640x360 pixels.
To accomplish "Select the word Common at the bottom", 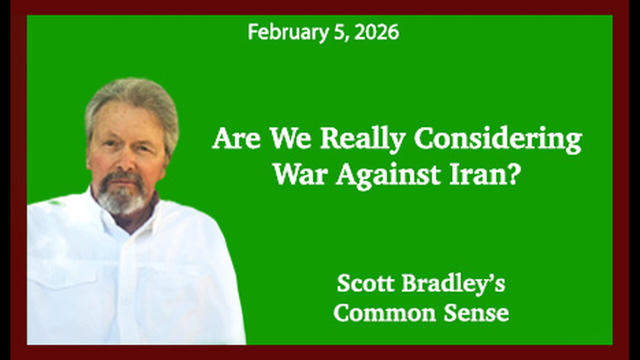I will (x=378, y=313).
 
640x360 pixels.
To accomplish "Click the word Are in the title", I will (x=236, y=140).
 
